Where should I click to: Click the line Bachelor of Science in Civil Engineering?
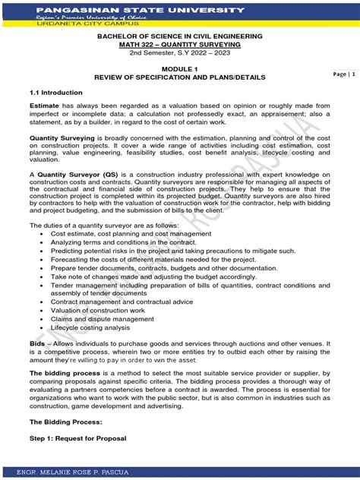click(x=179, y=36)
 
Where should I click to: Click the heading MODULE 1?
click(x=179, y=68)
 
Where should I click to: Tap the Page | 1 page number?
click(x=342, y=74)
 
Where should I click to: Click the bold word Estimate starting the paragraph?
click(x=44, y=105)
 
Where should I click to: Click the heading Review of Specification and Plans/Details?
click(x=179, y=77)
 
